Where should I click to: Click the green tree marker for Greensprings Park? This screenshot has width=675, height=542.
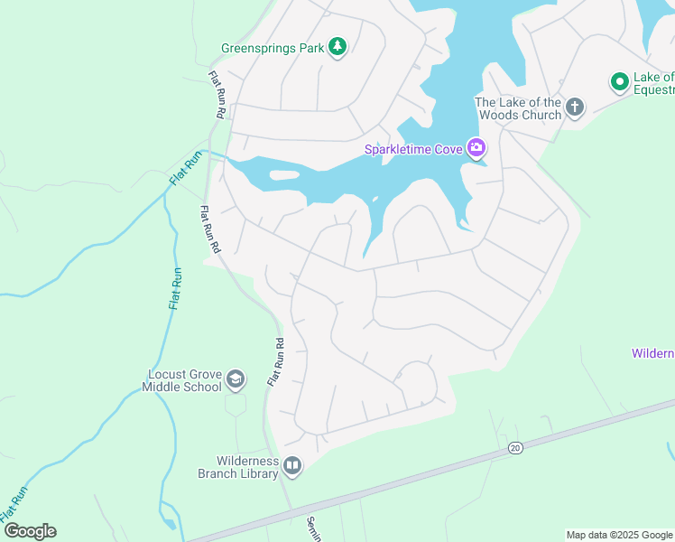[x=337, y=47]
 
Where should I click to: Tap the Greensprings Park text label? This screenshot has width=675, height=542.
[x=273, y=48]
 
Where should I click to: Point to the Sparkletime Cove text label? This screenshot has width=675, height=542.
[x=413, y=150]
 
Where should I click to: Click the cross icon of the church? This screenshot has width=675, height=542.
[x=575, y=108]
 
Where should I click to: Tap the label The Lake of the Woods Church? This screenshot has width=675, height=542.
[x=518, y=108]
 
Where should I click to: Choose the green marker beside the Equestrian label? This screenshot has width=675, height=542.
[x=620, y=83]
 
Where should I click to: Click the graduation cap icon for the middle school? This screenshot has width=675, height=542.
[x=236, y=379]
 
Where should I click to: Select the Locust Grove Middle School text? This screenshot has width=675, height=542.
[x=181, y=380]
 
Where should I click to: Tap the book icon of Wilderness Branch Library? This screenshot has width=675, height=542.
[x=292, y=466]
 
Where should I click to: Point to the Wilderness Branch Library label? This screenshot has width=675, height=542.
[x=238, y=467]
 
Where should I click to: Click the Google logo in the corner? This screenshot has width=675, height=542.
[x=30, y=531]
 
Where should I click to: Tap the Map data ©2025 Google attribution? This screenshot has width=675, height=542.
[x=619, y=535]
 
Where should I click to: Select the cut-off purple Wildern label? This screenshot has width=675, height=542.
[x=652, y=353]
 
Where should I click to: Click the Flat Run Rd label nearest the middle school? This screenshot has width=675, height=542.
[x=275, y=363]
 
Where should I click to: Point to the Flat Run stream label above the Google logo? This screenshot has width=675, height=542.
[x=14, y=502]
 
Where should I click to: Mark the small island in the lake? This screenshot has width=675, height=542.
[x=283, y=175]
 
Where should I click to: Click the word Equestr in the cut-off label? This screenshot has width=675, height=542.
[x=655, y=89]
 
